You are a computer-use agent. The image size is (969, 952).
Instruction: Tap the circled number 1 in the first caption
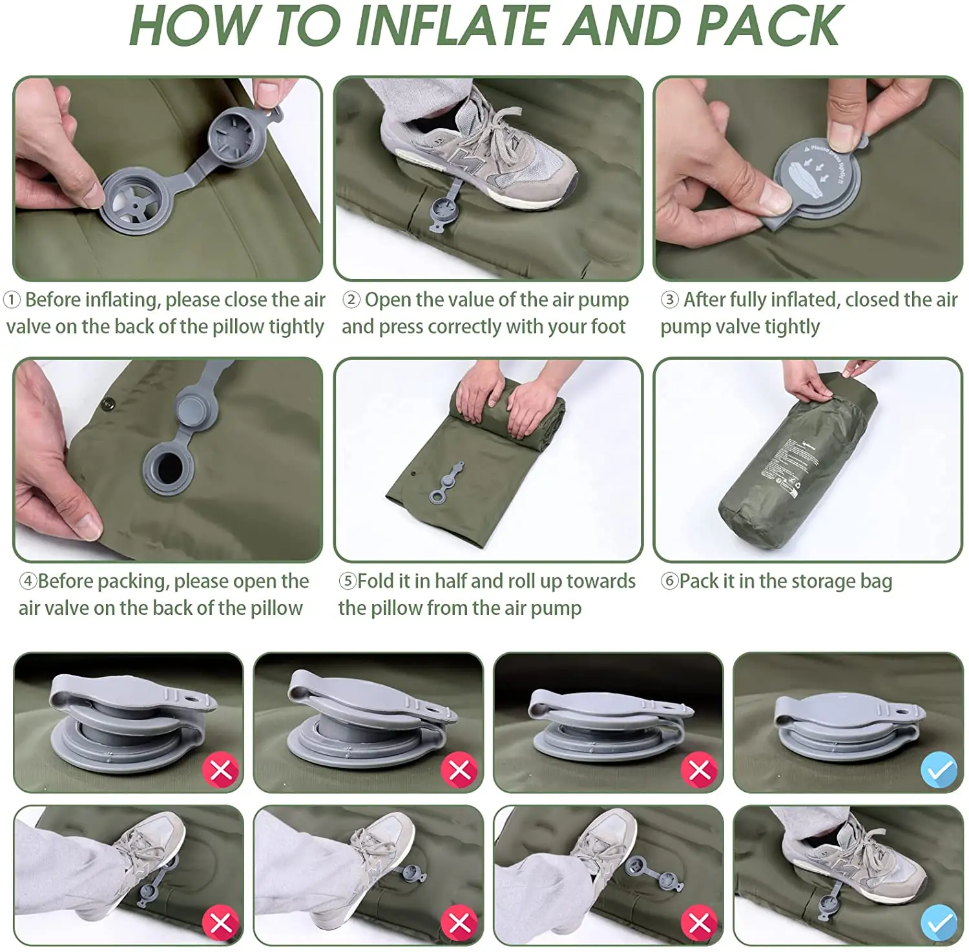pyautogui.click(x=12, y=300)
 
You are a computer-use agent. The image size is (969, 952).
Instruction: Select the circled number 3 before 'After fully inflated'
pyautogui.click(x=669, y=300)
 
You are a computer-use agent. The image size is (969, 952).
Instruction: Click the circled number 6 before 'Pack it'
pyautogui.click(x=669, y=581)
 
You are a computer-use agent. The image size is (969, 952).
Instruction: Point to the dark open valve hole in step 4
pyautogui.click(x=169, y=466)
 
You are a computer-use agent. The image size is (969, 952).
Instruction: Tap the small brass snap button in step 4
pyautogui.click(x=109, y=405)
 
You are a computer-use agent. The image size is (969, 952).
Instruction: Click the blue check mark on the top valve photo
pyautogui.click(x=939, y=770)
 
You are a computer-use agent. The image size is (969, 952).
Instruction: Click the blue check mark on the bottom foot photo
pyautogui.click(x=939, y=923)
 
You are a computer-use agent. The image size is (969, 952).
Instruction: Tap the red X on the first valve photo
pyautogui.click(x=220, y=770)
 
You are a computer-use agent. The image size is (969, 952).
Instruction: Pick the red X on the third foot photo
pyautogui.click(x=700, y=923)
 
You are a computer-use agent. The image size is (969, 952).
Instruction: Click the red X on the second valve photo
pyautogui.click(x=459, y=770)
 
